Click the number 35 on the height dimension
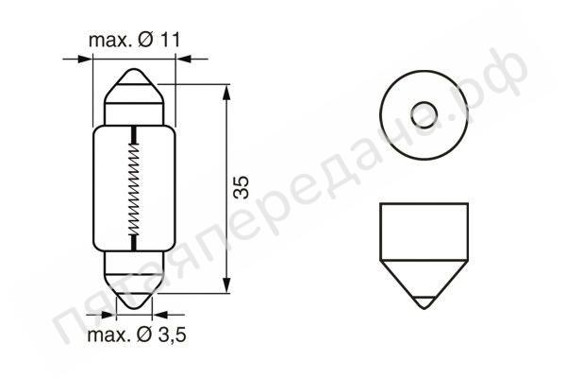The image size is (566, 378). point(242,188)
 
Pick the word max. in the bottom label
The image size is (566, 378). point(109,335)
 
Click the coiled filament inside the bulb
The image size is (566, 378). point(134,190)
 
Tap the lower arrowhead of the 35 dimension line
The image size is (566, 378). point(229,287)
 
